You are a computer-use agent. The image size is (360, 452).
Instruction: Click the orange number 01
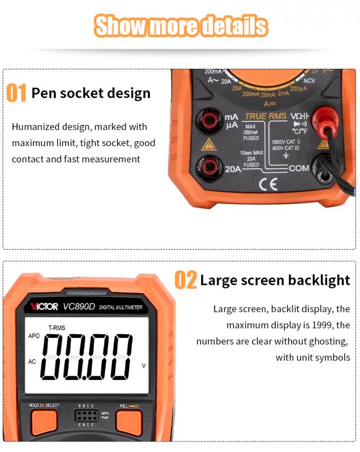pos(16,93)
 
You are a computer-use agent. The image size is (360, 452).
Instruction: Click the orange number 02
pos(185,280)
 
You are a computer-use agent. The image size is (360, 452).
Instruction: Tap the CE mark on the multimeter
pos(268,184)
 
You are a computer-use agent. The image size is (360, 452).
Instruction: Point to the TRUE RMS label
pos(266,116)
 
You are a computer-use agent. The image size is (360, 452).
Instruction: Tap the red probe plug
pos(325,119)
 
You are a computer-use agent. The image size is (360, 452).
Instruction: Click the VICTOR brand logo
pos(44,307)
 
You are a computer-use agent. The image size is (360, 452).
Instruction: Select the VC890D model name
pos(79,306)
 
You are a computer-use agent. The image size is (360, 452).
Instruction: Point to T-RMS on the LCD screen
pos(57,328)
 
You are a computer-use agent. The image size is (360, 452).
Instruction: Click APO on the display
pos(34,336)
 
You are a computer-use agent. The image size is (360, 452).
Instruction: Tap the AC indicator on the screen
pos(32,362)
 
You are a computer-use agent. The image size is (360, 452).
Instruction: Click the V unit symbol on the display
pos(143,366)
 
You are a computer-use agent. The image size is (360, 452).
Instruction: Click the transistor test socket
pos(86,415)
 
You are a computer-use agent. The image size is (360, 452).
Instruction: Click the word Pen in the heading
pos(43,93)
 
